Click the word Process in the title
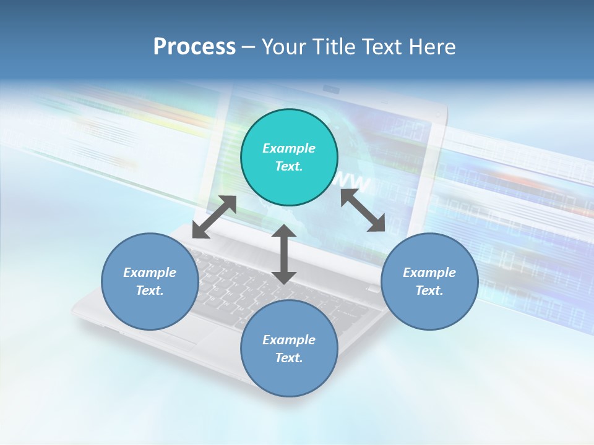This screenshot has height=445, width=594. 194,47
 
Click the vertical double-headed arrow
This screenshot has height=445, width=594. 284,254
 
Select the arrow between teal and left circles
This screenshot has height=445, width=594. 214,217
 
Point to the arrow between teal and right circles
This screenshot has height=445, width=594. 363,211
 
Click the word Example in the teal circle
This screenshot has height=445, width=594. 289,148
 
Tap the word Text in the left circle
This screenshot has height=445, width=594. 150,290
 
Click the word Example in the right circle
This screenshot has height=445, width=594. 429,273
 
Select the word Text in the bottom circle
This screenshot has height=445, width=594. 289,358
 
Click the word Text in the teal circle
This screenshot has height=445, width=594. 289,166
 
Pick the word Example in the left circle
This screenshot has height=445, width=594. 150,273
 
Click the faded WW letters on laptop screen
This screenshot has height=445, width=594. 355,182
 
